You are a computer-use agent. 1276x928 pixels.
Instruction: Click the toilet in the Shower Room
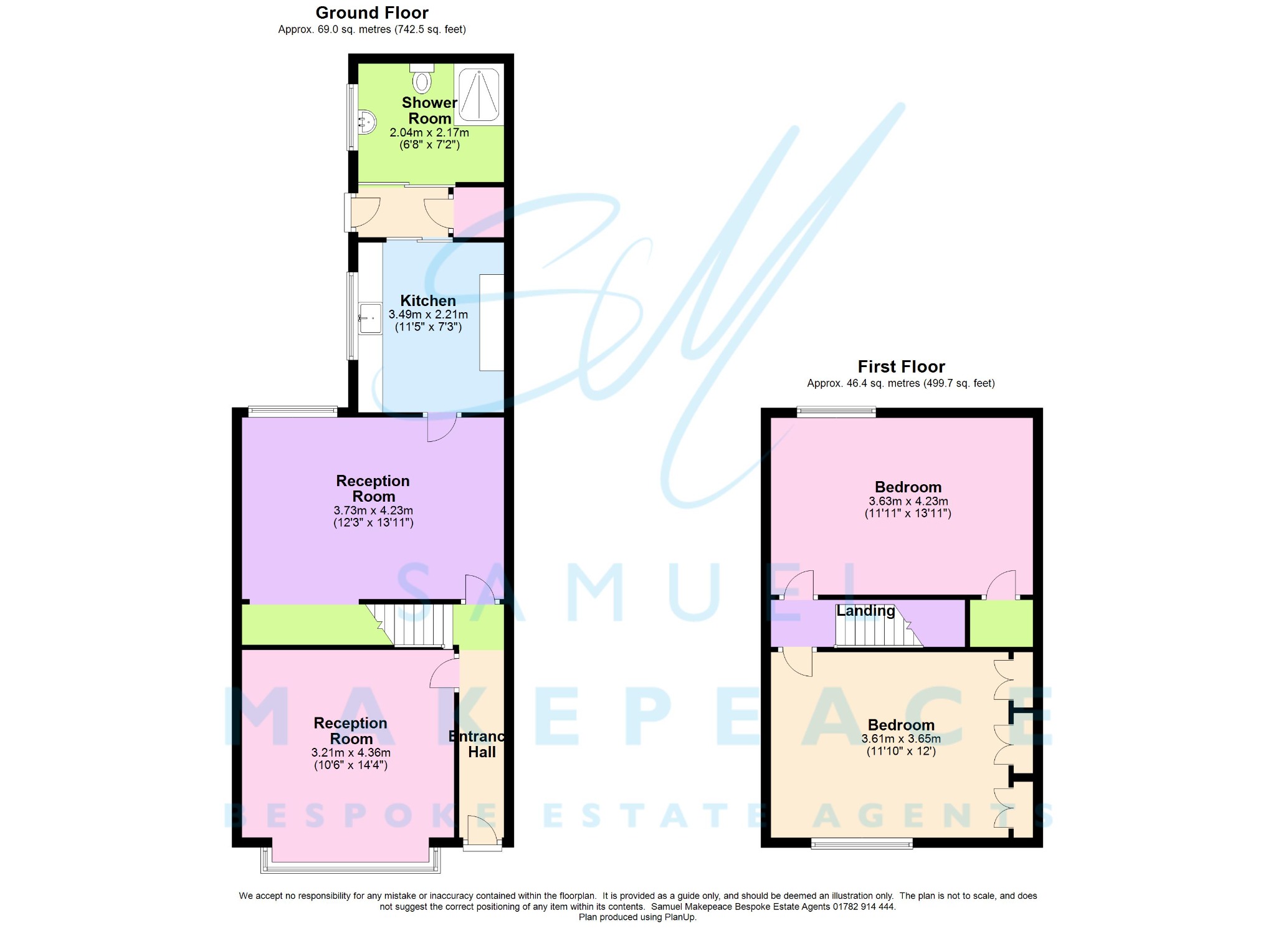(422, 80)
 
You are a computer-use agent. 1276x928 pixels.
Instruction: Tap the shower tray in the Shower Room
(478, 94)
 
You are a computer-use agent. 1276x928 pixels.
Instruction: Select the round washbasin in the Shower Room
(366, 122)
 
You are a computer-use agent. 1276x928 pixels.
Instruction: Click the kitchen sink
(370, 318)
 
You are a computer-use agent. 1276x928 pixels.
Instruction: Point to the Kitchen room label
(428, 300)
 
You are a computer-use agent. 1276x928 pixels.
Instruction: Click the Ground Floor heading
(372, 13)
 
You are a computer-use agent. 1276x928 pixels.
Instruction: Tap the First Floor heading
(901, 366)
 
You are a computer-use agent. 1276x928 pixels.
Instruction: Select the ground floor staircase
(414, 624)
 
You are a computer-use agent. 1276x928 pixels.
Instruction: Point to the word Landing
(865, 611)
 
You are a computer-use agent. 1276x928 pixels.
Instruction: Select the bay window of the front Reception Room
(351, 866)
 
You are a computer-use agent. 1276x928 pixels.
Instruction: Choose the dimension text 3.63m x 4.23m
(908, 501)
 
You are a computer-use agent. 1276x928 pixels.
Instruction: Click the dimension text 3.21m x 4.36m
(351, 753)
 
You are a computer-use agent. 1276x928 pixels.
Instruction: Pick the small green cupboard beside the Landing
(1001, 623)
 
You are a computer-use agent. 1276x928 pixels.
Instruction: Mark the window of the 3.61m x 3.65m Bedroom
(862, 844)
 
